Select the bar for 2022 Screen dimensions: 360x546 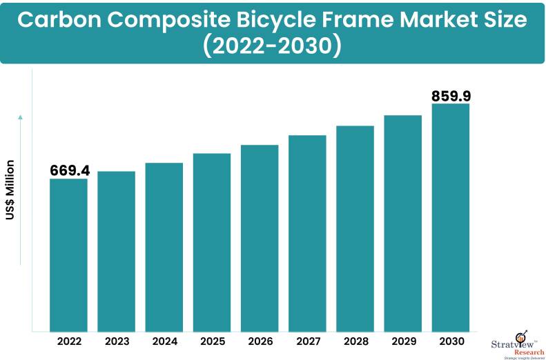coord(68,254)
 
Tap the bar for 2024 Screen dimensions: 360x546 coord(164,246)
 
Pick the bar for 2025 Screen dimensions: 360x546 coord(212,241)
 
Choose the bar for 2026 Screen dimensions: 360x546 coord(260,237)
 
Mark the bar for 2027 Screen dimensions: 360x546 coord(307,232)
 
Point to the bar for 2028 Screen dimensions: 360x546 coord(355,228)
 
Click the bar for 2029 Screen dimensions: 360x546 coord(402,223)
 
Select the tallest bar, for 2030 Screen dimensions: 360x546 coord(451,217)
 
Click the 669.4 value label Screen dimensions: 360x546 coord(70,170)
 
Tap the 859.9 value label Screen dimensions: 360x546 coord(451,95)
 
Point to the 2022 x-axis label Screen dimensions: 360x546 coord(68,341)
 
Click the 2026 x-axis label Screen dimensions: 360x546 coord(260,341)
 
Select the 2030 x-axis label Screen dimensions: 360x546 coord(451,341)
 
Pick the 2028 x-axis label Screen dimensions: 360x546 coord(355,341)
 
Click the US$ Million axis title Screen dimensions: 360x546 coord(10,190)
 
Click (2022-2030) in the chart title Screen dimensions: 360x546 coord(273,46)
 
